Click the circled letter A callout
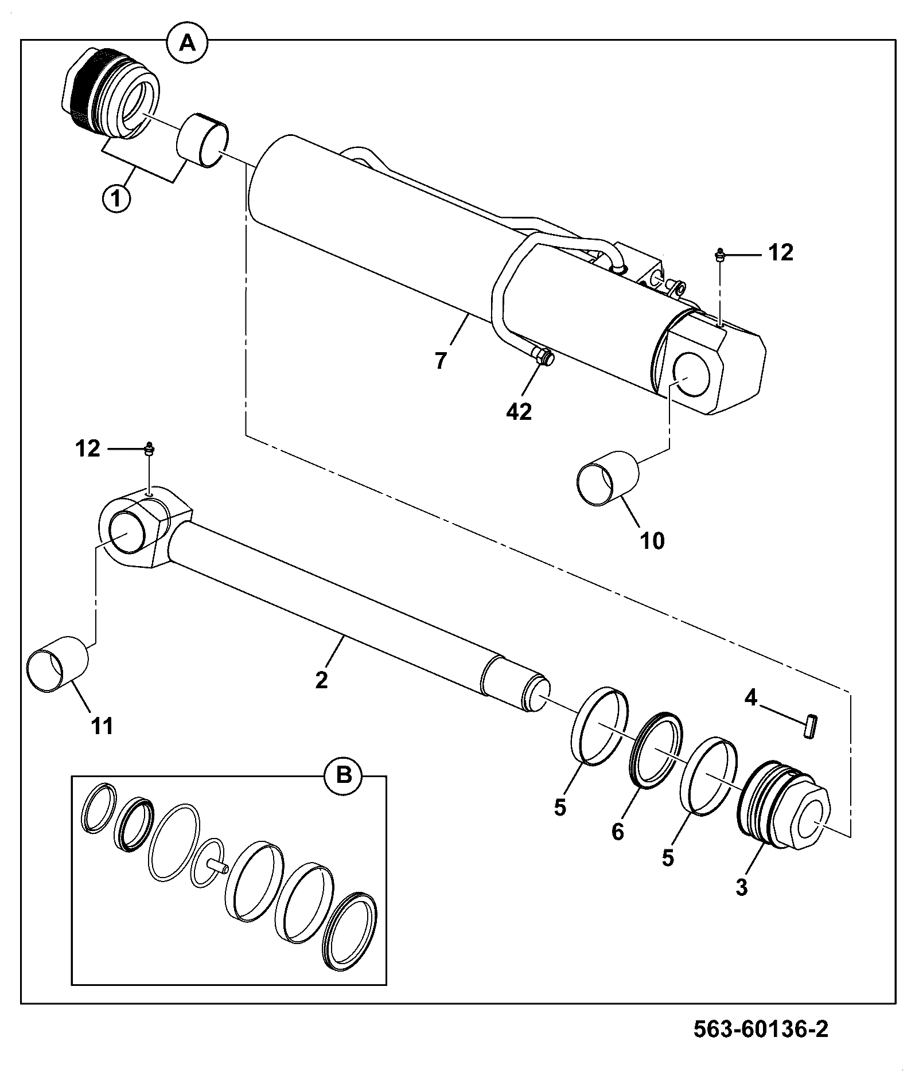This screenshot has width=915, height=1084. coord(188,42)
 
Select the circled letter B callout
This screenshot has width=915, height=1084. coord(343,776)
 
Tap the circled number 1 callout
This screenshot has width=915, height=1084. coord(116,199)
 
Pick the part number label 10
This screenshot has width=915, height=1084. coord(652,540)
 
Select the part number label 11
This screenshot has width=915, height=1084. coord(103,726)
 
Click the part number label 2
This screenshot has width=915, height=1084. coord(321,680)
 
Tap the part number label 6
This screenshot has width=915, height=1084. coord(617,832)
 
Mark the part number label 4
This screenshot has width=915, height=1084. coord(751,697)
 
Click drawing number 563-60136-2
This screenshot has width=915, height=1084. coord(761,1029)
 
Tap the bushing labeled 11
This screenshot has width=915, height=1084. coord(58,662)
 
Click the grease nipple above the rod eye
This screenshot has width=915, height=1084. coord(150,448)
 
